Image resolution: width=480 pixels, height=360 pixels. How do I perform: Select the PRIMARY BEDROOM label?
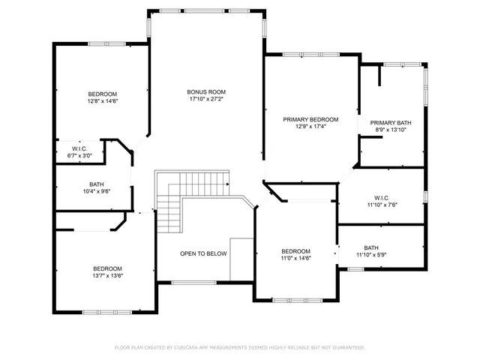[x=310, y=119]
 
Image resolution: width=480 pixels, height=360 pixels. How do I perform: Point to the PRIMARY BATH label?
[x=391, y=123]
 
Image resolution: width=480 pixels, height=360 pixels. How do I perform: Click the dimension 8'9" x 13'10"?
[x=391, y=130]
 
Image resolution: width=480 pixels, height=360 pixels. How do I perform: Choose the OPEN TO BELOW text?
[x=202, y=254]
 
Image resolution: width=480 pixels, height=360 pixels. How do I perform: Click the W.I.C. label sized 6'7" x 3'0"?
[x=80, y=149]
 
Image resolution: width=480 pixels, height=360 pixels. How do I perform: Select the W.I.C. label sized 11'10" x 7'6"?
[x=382, y=197]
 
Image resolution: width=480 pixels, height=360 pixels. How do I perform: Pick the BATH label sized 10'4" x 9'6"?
[x=96, y=184]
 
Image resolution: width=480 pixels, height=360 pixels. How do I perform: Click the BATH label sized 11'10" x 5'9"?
[x=371, y=248]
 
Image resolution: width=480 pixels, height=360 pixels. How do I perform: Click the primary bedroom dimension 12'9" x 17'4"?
[x=310, y=127]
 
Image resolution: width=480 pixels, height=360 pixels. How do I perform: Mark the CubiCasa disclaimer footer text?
[x=239, y=348]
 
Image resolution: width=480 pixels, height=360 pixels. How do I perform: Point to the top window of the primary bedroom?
[x=310, y=55]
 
